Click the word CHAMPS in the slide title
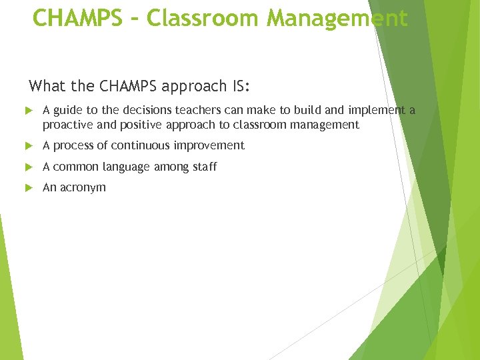(77, 18)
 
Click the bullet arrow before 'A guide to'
(29, 111)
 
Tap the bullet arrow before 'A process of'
(29, 145)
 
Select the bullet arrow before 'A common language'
(29, 167)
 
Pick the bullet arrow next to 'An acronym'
(29, 188)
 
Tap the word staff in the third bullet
(204, 167)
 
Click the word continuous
(139, 145)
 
